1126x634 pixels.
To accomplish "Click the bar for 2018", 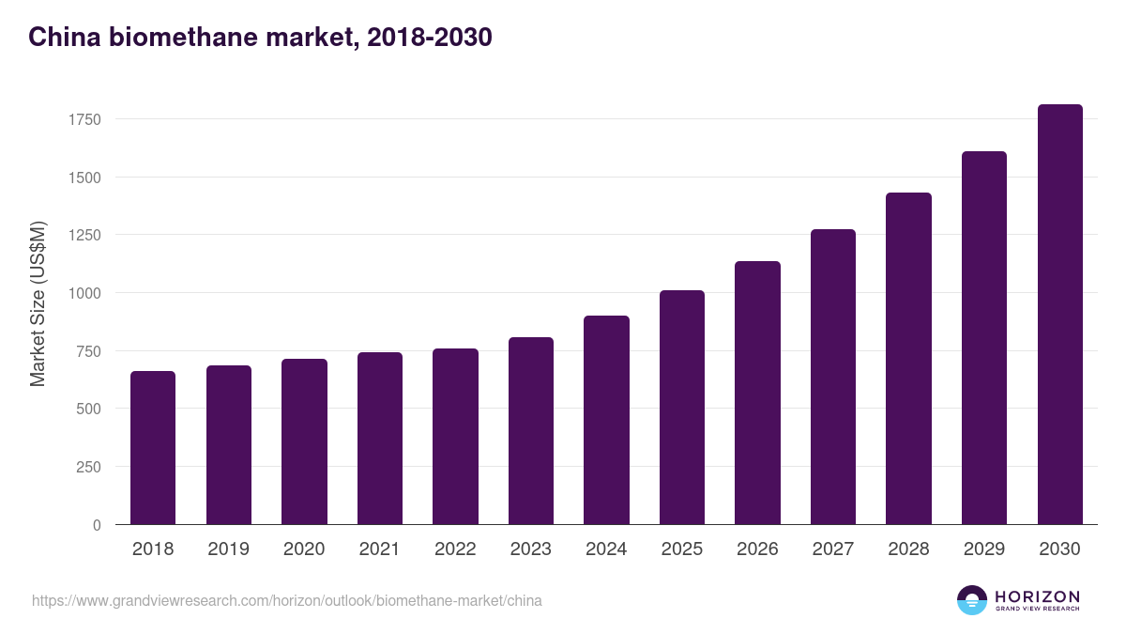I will pyautogui.click(x=153, y=448).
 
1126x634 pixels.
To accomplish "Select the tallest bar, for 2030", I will pyautogui.click(x=1059, y=315).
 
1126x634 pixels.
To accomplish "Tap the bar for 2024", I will pyautogui.click(x=606, y=420).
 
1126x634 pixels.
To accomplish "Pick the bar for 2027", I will pyautogui.click(x=833, y=377).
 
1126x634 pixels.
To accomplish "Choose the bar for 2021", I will pyautogui.click(x=379, y=439).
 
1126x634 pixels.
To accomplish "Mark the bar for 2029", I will pyautogui.click(x=984, y=338).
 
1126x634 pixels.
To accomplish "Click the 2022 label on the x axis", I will pyautogui.click(x=455, y=549).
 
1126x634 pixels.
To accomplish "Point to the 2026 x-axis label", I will pyautogui.click(x=757, y=549).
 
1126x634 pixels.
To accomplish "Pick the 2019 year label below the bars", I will pyautogui.click(x=228, y=549).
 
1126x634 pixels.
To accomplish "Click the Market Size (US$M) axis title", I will pyautogui.click(x=38, y=304).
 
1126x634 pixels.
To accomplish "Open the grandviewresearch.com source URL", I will pyautogui.click(x=286, y=600).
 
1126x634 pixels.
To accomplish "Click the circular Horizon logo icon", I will pyautogui.click(x=972, y=600).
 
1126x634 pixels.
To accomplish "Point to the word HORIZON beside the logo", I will pyautogui.click(x=1037, y=595).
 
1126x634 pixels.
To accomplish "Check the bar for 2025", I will pyautogui.click(x=682, y=408).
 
